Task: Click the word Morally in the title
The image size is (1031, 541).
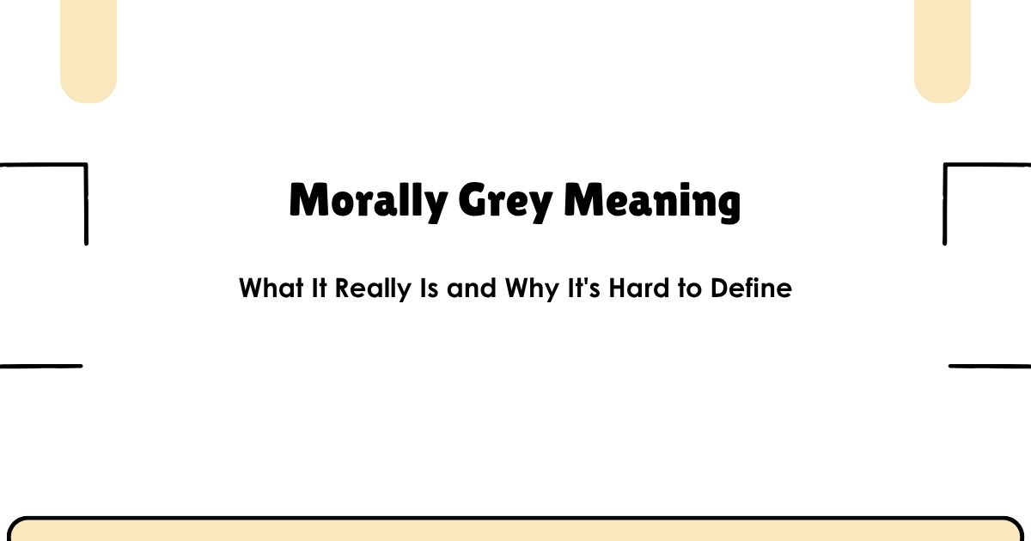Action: [369, 202]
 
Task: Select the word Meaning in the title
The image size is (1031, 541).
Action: [653, 202]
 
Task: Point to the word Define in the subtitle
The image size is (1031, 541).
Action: [750, 289]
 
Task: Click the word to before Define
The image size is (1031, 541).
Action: [689, 289]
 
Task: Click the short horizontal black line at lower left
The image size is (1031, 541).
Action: [41, 366]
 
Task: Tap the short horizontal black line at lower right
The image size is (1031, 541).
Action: [990, 366]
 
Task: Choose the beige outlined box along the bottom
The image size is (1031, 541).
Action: [515, 530]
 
